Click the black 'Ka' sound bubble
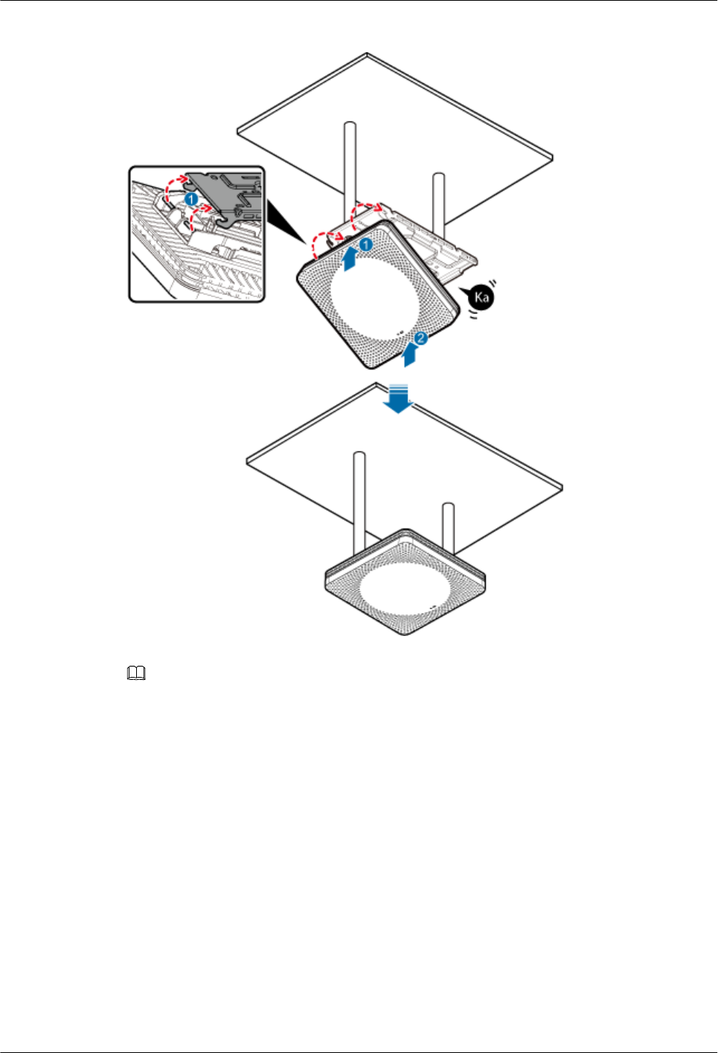click(x=481, y=297)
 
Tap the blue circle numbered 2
click(x=420, y=339)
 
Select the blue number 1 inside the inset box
click(x=191, y=200)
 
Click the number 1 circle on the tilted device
click(x=365, y=244)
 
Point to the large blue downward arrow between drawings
click(x=400, y=398)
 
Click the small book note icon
click(x=136, y=674)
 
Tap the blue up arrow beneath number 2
click(x=408, y=356)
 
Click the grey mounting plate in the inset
click(x=227, y=194)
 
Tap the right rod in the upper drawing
click(x=439, y=201)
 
